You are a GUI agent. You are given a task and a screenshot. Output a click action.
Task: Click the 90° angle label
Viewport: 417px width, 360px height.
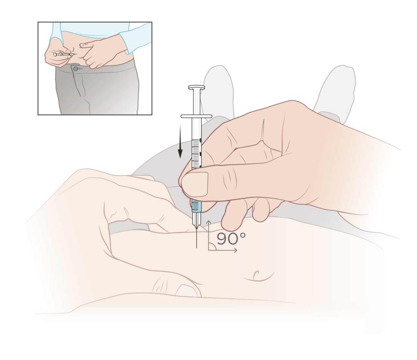tap(231, 239)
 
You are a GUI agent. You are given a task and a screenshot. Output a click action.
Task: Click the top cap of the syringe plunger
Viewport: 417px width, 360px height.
tap(196, 87)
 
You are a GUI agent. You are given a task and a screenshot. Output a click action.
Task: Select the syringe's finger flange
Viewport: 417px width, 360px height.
tap(196, 116)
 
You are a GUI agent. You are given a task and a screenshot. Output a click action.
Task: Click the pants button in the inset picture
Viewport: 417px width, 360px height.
tap(76, 69)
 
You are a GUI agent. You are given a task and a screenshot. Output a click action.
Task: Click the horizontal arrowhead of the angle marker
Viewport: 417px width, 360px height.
tap(235, 250)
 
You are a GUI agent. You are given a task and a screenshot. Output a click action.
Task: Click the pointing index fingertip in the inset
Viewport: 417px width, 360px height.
tap(82, 45)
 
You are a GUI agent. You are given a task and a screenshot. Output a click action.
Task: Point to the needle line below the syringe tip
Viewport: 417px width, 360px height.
tap(196, 238)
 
